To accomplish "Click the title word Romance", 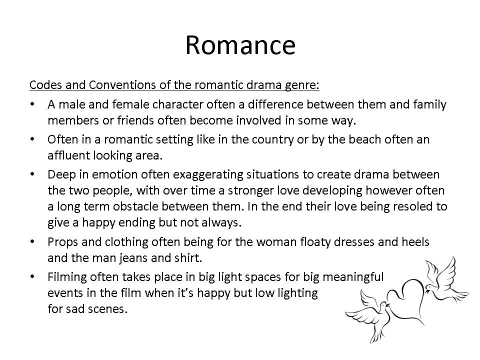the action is (x=240, y=45).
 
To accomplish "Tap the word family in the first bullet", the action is (x=430, y=105).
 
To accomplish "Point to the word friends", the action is (x=135, y=120).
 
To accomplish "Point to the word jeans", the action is (x=133, y=258).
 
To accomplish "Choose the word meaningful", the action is (x=353, y=277).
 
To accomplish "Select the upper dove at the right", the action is (x=444, y=280).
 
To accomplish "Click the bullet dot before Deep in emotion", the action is (x=32, y=174).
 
